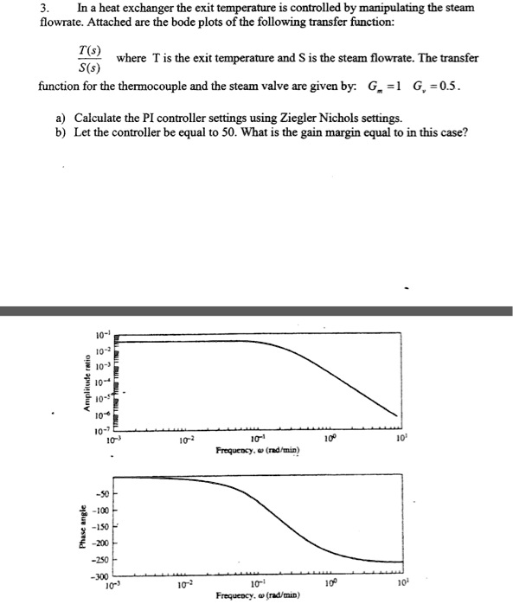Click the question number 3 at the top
coord(42,8)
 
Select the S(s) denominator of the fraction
coord(84,67)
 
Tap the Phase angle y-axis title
coord(83,527)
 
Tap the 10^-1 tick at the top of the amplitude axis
coord(101,336)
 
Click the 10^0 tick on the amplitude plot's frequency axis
coord(329,442)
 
